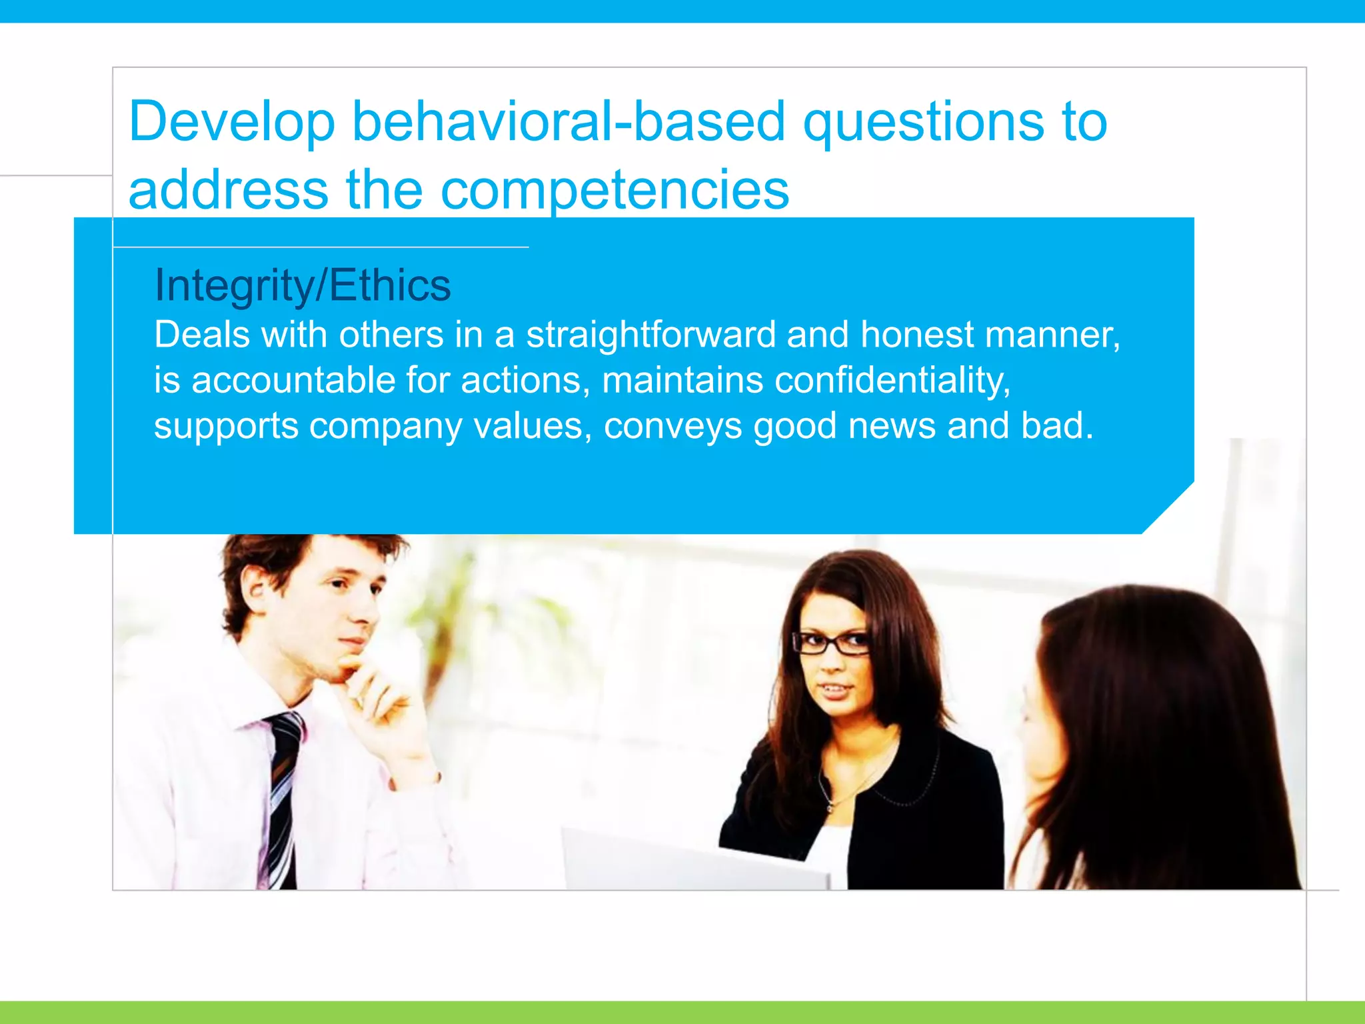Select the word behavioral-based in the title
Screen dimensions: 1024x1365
click(x=568, y=122)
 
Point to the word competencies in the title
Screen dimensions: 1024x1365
click(x=615, y=191)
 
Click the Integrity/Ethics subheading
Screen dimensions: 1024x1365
click(x=303, y=285)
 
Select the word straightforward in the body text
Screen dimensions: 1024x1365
click(x=651, y=335)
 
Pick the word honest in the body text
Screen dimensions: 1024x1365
click(x=916, y=335)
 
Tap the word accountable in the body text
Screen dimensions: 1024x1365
click(x=293, y=381)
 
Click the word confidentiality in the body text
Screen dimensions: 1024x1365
click(x=892, y=381)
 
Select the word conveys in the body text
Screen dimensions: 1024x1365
click(x=672, y=427)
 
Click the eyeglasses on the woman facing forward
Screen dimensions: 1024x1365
click(x=830, y=643)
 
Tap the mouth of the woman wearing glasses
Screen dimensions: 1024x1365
click(x=834, y=689)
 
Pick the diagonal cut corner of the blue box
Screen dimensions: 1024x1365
click(x=1168, y=507)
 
